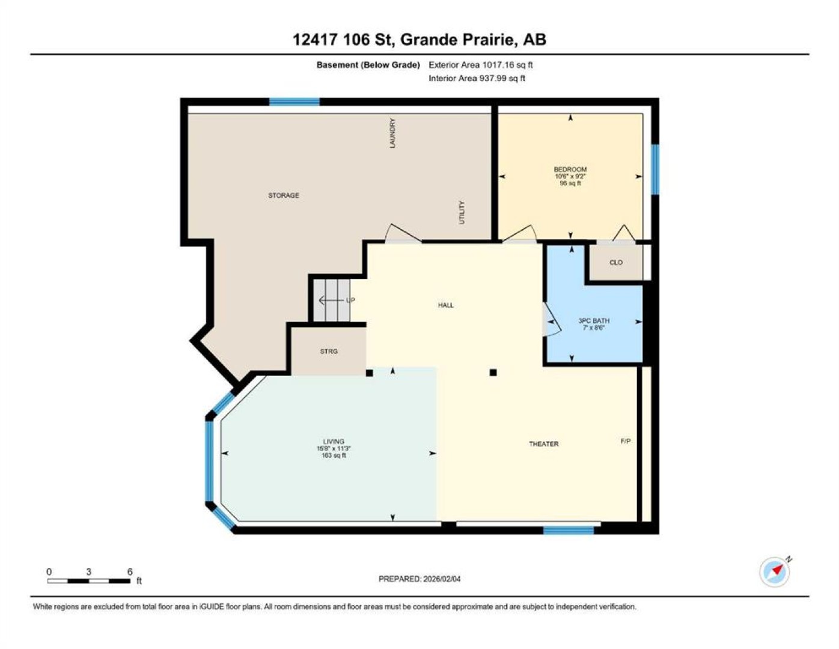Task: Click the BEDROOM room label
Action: point(570,169)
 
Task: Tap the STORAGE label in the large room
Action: point(284,195)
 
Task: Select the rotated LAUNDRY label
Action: point(392,133)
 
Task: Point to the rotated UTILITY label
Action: point(462,212)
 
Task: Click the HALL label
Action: point(445,305)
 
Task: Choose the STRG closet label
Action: point(329,352)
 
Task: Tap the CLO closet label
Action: point(616,263)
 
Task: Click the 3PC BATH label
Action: point(594,320)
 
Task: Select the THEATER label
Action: point(544,444)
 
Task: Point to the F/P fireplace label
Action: point(626,441)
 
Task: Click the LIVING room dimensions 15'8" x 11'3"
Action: point(333,449)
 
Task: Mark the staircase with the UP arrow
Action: point(331,300)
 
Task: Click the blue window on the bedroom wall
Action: point(655,169)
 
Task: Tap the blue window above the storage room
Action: point(294,102)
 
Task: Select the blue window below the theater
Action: point(569,531)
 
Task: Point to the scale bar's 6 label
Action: point(130,571)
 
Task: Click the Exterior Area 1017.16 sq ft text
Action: point(480,65)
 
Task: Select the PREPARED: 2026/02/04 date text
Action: point(419,590)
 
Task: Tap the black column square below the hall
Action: point(493,373)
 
